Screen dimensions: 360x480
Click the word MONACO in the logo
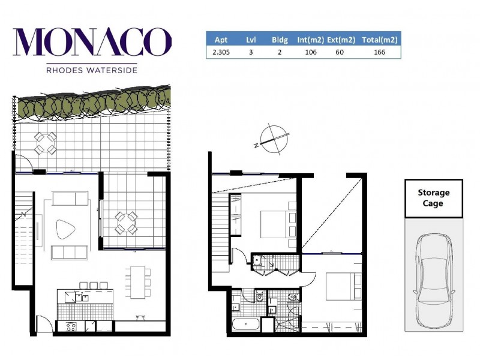[x=92, y=43]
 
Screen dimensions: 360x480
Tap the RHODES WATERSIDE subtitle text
[x=92, y=70]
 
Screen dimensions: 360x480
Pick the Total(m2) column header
[x=380, y=40]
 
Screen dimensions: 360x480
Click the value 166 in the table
[x=379, y=52]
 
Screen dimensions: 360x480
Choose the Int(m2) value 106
[x=310, y=52]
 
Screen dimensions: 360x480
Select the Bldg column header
[x=280, y=40]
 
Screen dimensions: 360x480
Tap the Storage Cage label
[x=433, y=198]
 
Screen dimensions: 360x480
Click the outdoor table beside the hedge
[x=45, y=143]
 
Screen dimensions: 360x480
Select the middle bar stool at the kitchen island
[x=94, y=285]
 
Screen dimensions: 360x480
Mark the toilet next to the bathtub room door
[x=260, y=296]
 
